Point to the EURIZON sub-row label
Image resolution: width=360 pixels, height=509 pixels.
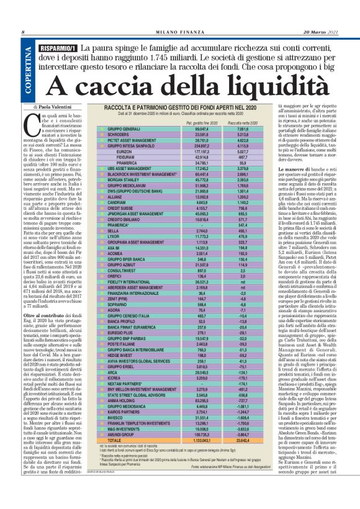124,151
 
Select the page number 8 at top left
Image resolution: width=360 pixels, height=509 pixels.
24,32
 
